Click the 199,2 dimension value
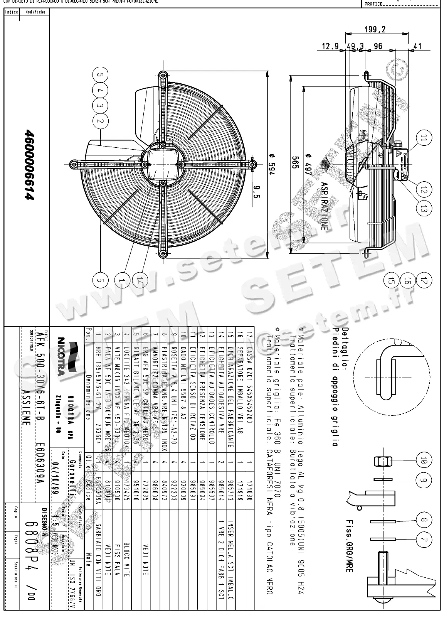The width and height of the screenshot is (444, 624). click(x=375, y=30)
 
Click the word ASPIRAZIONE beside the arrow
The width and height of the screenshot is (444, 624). click(x=324, y=206)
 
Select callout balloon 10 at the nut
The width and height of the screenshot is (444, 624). click(x=424, y=460)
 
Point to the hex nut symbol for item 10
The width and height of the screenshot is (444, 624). click(x=383, y=460)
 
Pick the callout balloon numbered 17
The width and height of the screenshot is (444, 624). click(x=424, y=280)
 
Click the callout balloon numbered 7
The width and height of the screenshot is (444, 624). click(x=424, y=539)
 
